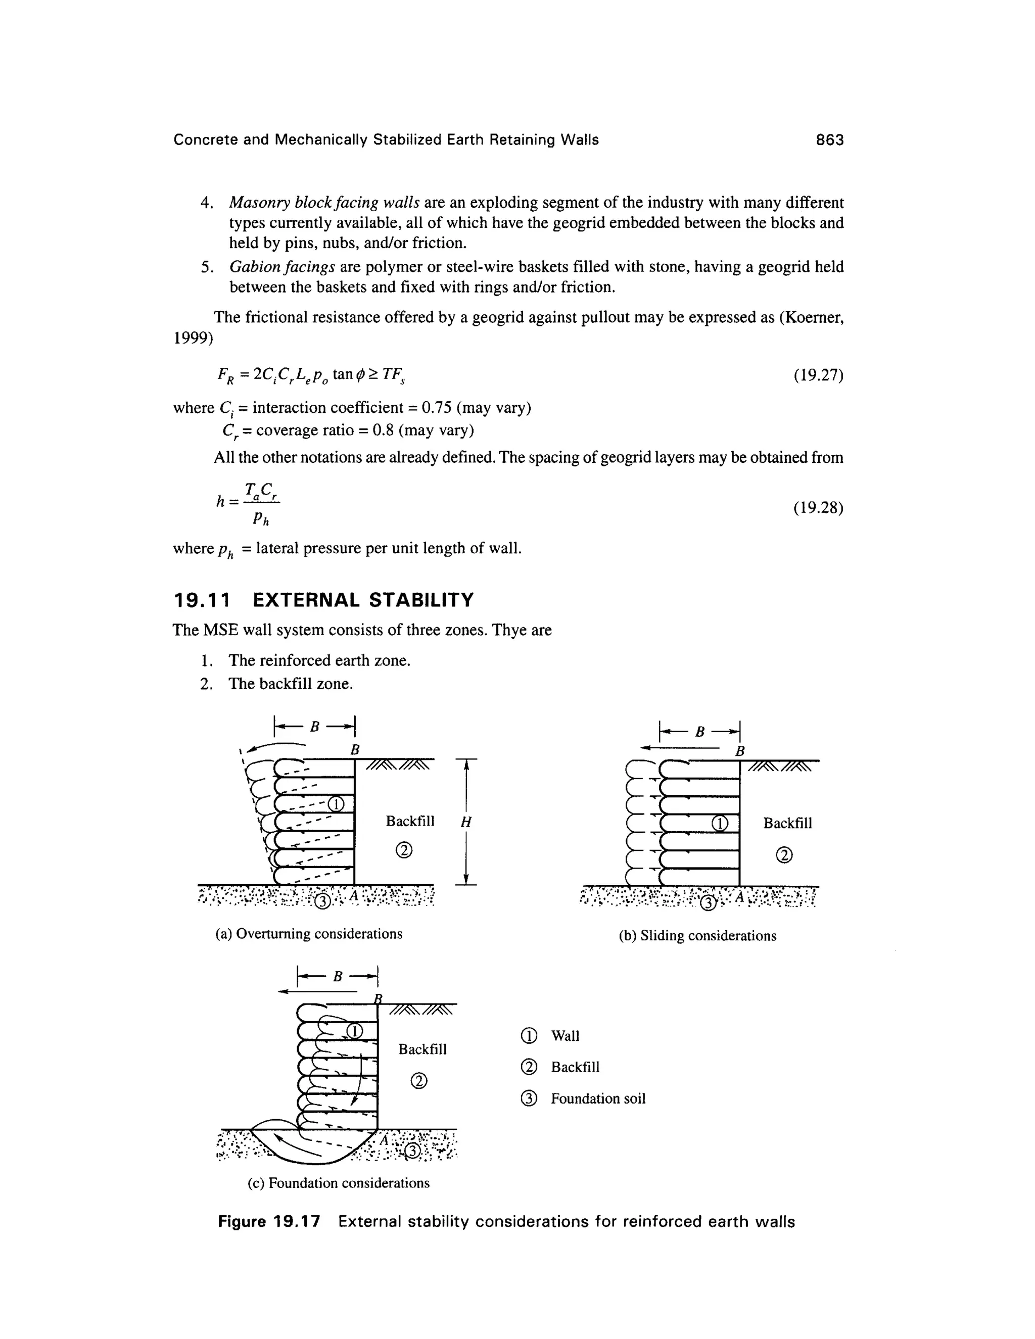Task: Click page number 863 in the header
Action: click(x=830, y=140)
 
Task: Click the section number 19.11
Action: click(x=202, y=600)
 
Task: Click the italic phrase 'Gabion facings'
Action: click(x=282, y=267)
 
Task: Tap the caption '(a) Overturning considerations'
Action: click(x=309, y=934)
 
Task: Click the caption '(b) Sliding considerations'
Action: click(x=697, y=936)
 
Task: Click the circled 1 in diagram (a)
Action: click(x=336, y=804)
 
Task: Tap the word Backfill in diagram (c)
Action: click(x=422, y=1049)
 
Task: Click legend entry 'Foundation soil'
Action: click(x=598, y=1098)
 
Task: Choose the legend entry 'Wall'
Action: click(x=564, y=1035)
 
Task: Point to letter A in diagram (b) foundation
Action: click(x=739, y=897)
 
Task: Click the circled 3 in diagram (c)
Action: click(x=414, y=1152)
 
